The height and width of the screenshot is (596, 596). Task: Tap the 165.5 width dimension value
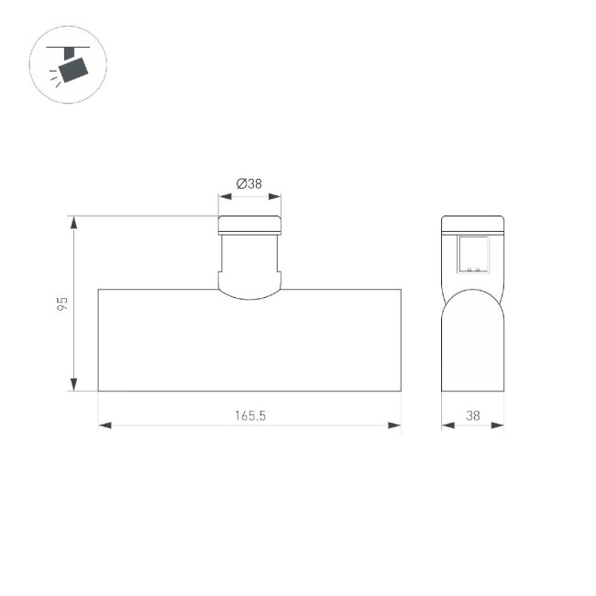(249, 415)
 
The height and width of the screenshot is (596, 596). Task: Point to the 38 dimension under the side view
(473, 415)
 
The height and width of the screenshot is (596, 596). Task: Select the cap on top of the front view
(249, 225)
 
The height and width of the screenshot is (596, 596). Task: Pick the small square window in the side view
(474, 254)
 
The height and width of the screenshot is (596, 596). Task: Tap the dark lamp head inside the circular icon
(72, 67)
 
